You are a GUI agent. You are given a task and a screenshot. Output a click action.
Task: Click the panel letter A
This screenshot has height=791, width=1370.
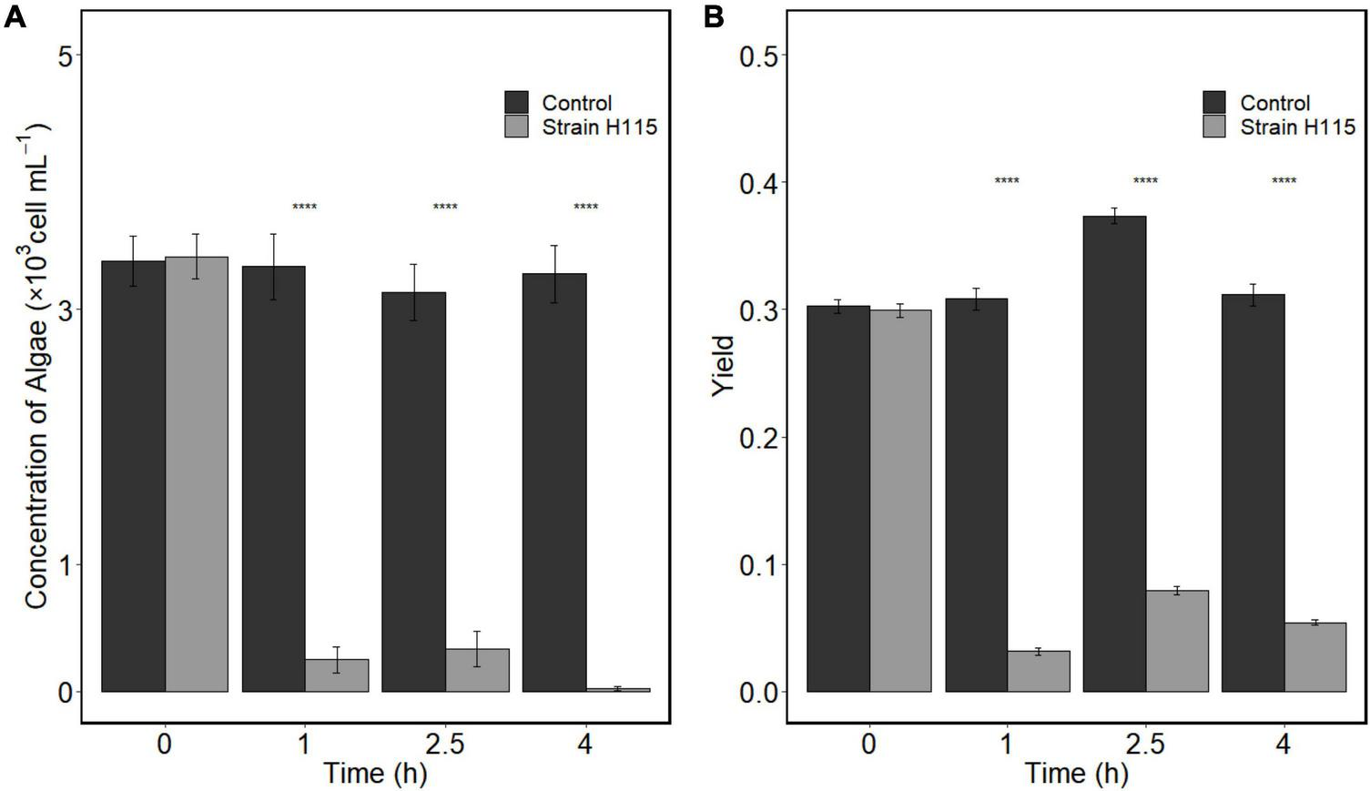point(15,16)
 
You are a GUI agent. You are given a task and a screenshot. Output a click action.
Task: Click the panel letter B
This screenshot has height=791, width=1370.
point(715,16)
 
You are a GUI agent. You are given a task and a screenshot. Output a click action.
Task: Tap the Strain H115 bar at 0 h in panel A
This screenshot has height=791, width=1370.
point(197,473)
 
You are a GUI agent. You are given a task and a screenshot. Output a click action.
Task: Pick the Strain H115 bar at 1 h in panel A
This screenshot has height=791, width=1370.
point(337,675)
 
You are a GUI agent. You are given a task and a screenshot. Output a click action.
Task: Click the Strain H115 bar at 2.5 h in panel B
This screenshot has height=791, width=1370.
point(1177,641)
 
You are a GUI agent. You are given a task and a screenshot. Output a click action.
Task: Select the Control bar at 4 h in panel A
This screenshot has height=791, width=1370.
point(554,482)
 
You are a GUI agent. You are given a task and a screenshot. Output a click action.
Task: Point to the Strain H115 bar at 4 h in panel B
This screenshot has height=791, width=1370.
point(1314,657)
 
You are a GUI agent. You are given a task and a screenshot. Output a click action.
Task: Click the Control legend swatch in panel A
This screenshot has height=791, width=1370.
point(516,102)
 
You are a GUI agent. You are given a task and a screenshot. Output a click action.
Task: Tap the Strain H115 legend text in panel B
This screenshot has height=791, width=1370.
point(1297,127)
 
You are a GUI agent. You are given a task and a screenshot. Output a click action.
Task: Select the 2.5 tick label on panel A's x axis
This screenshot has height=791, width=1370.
point(444,745)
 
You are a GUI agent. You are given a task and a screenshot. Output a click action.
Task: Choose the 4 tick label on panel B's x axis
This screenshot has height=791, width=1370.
point(1284,745)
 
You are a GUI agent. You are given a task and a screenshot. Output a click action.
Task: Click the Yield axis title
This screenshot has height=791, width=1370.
point(723,366)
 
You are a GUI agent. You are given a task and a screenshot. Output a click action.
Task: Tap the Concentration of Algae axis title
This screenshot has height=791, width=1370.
point(36,364)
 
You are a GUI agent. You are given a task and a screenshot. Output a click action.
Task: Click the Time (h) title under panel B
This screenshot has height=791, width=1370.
point(1077,774)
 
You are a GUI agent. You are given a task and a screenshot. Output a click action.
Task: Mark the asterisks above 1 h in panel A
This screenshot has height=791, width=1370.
point(304,208)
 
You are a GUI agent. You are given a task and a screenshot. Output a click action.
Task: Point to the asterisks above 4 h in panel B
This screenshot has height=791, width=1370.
point(1284,181)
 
